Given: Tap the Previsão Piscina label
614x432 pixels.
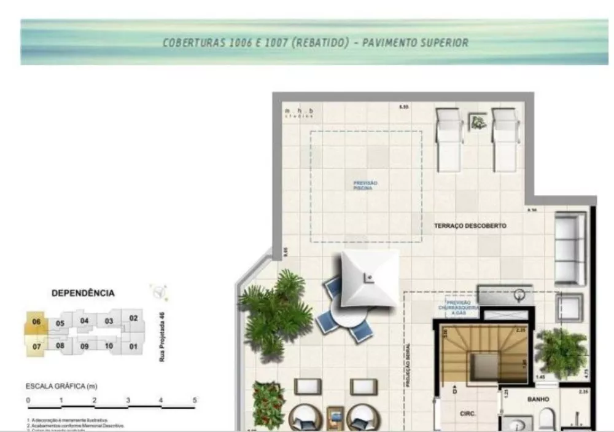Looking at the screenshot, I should [x=365, y=185].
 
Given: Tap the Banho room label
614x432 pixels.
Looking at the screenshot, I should [x=538, y=399].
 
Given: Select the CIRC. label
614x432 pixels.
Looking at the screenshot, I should [x=468, y=414].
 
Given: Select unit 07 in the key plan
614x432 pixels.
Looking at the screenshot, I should [x=37, y=347].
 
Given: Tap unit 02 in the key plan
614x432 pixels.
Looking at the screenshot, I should [x=133, y=318].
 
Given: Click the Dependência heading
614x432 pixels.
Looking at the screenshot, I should [x=83, y=293].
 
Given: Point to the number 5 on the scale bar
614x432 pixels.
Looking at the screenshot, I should [x=195, y=400].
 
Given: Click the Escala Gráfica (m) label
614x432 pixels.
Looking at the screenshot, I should [x=61, y=387].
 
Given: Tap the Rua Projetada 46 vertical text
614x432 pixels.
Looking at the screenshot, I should [x=163, y=336].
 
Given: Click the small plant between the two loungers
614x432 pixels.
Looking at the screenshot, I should [x=478, y=122].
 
